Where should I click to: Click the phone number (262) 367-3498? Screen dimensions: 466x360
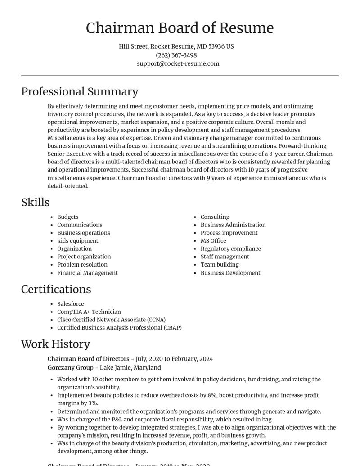176,55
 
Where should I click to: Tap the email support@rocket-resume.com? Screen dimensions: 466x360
178,63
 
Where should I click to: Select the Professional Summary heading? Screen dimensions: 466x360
80,91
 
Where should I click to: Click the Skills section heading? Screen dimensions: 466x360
35,202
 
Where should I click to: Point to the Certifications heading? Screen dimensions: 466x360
56,289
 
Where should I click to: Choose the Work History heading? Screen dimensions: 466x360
55,344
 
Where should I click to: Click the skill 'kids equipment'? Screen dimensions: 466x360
77,241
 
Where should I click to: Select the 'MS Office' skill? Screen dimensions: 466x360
213,241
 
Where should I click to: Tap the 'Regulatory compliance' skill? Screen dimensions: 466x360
230,249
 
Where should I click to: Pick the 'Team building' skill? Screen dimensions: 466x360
220,265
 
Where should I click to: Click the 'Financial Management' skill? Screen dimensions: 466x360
87,273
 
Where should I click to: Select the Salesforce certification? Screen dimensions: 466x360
70,304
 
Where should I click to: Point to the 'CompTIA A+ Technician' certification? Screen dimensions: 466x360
89,312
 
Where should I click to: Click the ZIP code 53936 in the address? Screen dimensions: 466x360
216,46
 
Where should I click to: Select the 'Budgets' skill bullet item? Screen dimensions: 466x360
67,217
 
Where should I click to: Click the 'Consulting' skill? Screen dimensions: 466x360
215,217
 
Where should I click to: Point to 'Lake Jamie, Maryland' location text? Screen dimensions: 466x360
130,367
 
